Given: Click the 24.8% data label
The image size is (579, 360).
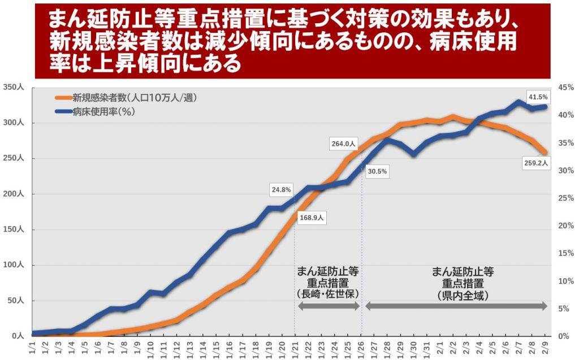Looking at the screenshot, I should point(281,190).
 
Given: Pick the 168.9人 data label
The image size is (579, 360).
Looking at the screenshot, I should point(311,217).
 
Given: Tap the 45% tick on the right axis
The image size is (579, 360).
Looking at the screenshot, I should point(565,88).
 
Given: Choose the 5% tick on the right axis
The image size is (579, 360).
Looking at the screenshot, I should point(564,309).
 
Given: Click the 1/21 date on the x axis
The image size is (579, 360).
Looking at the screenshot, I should point(294,346).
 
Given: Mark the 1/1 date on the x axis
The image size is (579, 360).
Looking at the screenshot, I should point(32,346).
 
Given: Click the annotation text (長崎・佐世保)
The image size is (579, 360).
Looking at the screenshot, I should point(328,294).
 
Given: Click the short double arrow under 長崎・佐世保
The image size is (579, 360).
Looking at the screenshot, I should point(329,306).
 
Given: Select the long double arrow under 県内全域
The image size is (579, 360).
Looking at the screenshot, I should point(456,306).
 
